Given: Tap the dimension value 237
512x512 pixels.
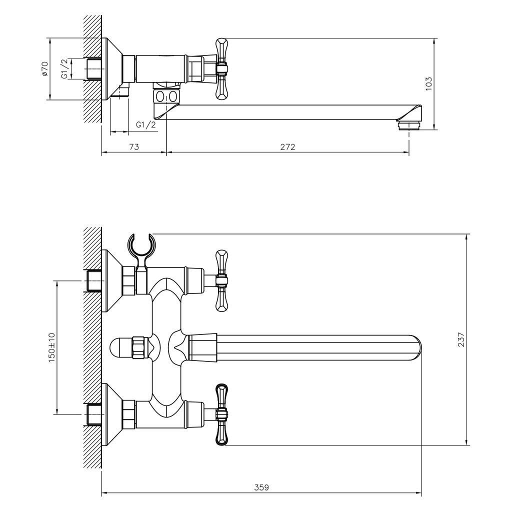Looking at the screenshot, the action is [460, 339].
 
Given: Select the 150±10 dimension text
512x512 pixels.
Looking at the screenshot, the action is [51, 348].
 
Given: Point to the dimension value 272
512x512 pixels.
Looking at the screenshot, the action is [287, 147].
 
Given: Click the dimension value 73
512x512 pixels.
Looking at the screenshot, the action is [134, 147].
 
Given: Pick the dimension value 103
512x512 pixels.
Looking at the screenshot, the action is [428, 84].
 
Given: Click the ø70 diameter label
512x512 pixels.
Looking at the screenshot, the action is [44, 69].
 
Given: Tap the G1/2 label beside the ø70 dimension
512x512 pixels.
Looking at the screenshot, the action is [64, 69].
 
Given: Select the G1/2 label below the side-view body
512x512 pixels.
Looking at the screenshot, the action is [146, 124].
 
